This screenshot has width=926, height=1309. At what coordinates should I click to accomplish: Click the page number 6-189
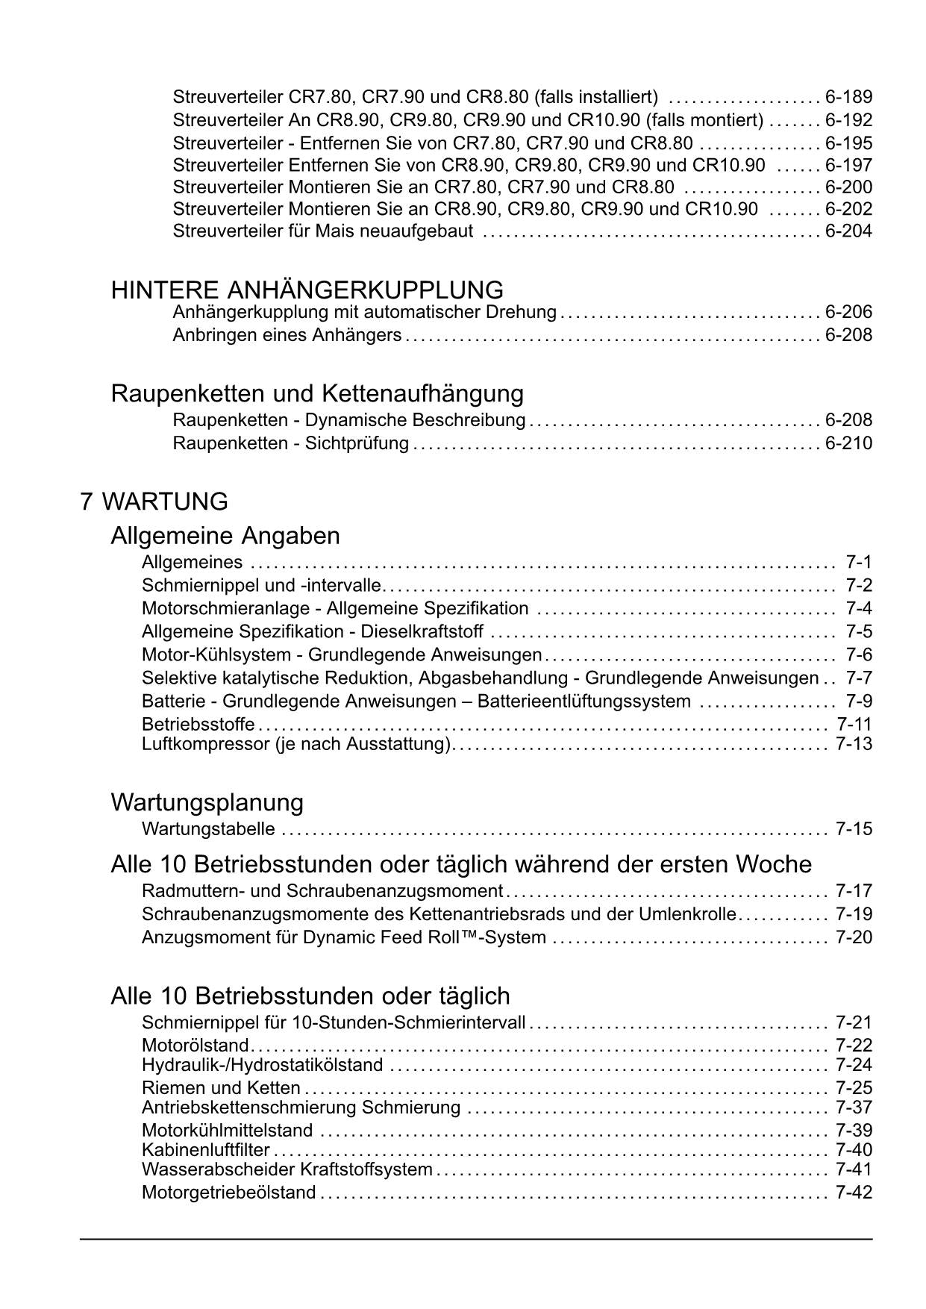(848, 97)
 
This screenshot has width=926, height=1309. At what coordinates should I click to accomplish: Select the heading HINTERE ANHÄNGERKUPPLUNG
(307, 290)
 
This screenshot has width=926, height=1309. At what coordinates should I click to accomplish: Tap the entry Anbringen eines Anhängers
(287, 335)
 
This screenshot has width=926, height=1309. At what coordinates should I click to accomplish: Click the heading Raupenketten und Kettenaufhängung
(317, 393)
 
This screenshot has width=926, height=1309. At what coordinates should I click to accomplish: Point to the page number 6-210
(848, 443)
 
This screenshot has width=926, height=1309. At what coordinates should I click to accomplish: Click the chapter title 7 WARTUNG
(154, 502)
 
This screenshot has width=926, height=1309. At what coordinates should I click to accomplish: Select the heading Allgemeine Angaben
(225, 536)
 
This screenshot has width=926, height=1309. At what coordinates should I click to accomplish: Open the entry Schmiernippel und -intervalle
(261, 585)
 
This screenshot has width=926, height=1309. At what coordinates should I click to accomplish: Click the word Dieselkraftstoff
(422, 632)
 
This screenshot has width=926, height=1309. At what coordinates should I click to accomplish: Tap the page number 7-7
(858, 678)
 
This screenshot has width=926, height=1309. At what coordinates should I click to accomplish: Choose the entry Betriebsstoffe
(198, 724)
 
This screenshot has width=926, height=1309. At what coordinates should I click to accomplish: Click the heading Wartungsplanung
(207, 802)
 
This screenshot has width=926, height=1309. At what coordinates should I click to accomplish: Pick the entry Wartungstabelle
(208, 829)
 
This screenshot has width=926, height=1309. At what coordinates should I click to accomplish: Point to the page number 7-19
(854, 914)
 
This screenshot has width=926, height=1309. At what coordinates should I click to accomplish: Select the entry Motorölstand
(195, 1045)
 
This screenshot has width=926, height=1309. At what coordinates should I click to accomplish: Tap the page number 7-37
(854, 1108)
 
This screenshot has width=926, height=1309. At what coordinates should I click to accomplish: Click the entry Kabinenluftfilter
(205, 1150)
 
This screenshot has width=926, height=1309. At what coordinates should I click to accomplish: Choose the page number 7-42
(854, 1193)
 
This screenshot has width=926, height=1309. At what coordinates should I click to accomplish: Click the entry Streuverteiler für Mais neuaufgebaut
(322, 231)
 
